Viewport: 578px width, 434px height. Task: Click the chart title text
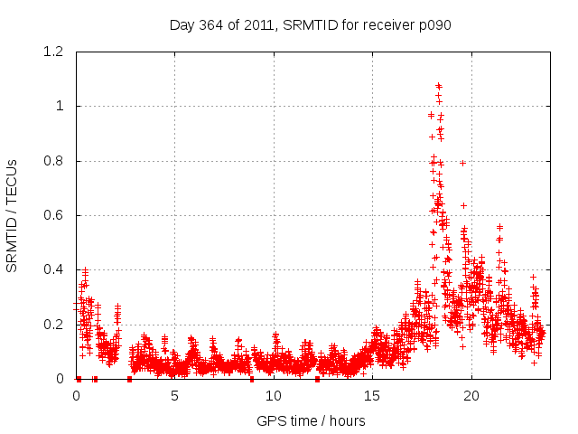tap(310, 24)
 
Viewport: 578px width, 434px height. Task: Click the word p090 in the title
tap(433, 24)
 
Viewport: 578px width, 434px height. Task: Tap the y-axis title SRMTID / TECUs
tap(12, 215)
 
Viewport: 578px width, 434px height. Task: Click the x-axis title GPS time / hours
tap(311, 420)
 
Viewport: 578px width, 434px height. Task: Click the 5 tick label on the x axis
tap(174, 396)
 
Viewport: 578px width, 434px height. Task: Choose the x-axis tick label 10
tap(274, 396)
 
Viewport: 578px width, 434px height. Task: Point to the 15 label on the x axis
tap(372, 396)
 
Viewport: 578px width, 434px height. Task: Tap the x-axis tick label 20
tap(471, 396)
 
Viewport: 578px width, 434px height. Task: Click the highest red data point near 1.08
tap(438, 86)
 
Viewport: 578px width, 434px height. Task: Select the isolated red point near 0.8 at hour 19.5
tap(462, 163)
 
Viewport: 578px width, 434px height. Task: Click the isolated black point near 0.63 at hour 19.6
tap(463, 205)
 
